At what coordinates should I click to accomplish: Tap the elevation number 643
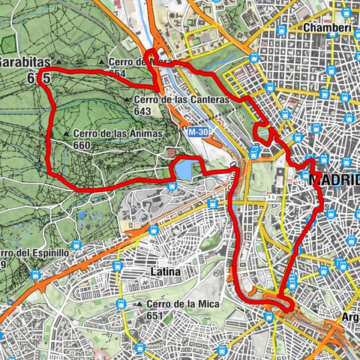143,111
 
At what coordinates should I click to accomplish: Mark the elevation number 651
154,315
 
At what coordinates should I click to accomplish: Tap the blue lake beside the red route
184,172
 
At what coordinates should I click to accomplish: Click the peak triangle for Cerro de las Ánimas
67,135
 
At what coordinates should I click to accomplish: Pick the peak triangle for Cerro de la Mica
139,304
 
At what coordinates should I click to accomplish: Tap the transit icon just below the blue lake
173,187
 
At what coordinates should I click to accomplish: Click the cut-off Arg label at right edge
349,317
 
